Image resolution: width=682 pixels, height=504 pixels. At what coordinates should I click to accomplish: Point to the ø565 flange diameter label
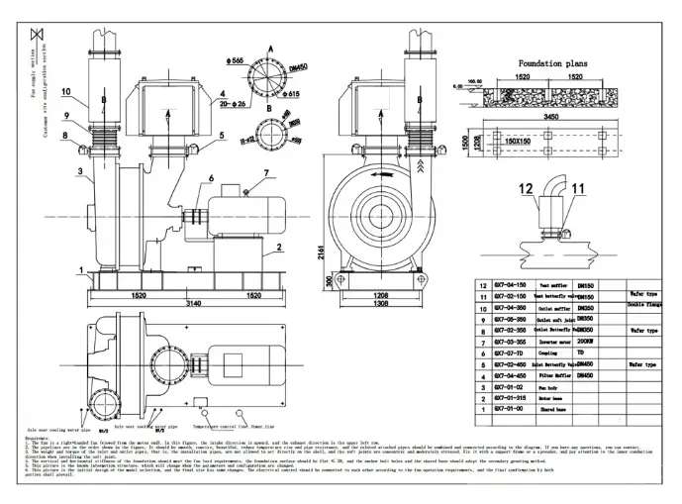pos(235,61)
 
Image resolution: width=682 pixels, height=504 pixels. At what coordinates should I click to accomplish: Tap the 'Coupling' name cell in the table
pos(549,351)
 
